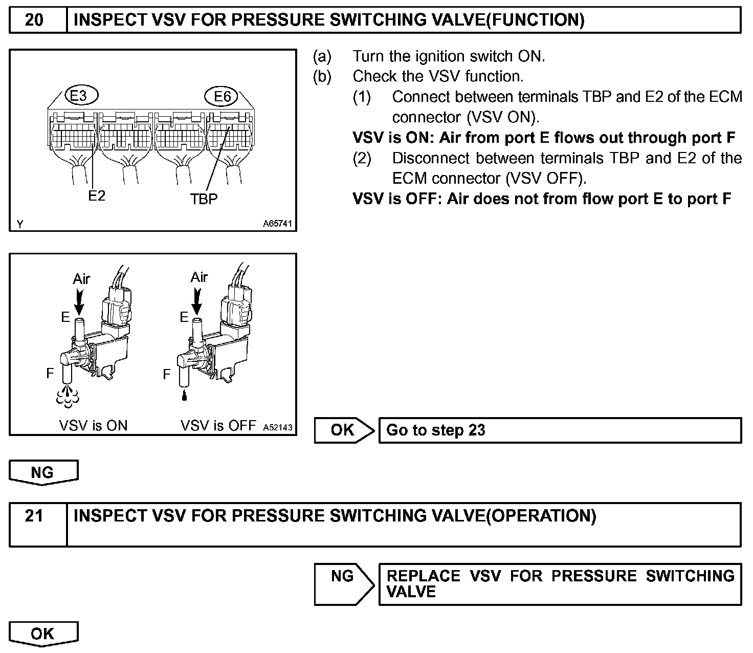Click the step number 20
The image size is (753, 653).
tap(34, 20)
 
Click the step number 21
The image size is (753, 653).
tap(34, 516)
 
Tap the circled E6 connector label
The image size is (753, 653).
tap(222, 96)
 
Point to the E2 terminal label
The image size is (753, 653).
tap(96, 195)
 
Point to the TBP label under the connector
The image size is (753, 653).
tap(204, 199)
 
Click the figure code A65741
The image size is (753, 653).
tap(278, 224)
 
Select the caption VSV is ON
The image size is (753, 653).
tap(93, 426)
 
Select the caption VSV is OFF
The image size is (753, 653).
tap(218, 426)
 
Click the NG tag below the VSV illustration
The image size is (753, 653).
tap(43, 472)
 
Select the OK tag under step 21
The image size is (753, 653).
tap(43, 634)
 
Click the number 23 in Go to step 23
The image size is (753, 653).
tap(476, 430)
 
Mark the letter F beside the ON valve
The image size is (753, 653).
tap(50, 374)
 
